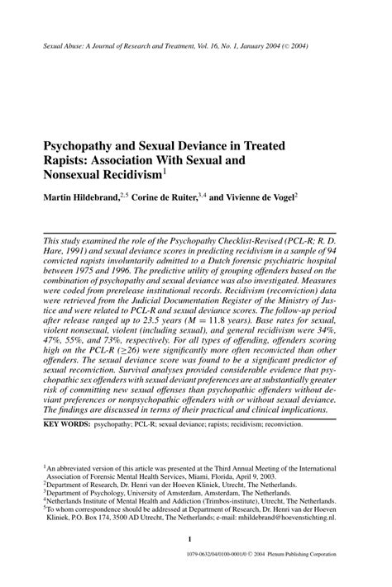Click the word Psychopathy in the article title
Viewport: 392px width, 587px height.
85,145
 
